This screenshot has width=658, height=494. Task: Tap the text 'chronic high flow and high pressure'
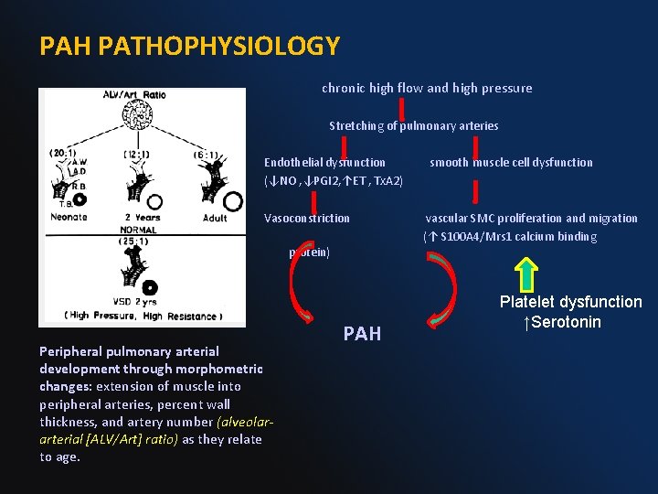pos(427,89)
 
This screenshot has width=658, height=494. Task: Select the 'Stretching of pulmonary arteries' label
pos(414,125)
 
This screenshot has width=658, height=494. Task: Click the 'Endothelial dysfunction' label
pos(324,162)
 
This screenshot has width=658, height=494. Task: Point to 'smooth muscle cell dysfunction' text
pos(511,162)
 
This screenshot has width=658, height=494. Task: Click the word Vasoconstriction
pos(306,218)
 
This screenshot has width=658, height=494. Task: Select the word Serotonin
pos(567,322)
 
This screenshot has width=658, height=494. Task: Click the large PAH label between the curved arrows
pos(362,334)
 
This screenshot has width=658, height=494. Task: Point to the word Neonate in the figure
pos(69,217)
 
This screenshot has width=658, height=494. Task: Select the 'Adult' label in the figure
pos(217,218)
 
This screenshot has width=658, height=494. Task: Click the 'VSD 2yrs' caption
pos(137,303)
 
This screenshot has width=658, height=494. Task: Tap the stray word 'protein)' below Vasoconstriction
pos(310,252)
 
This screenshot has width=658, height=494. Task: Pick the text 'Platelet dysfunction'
pos(570,302)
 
